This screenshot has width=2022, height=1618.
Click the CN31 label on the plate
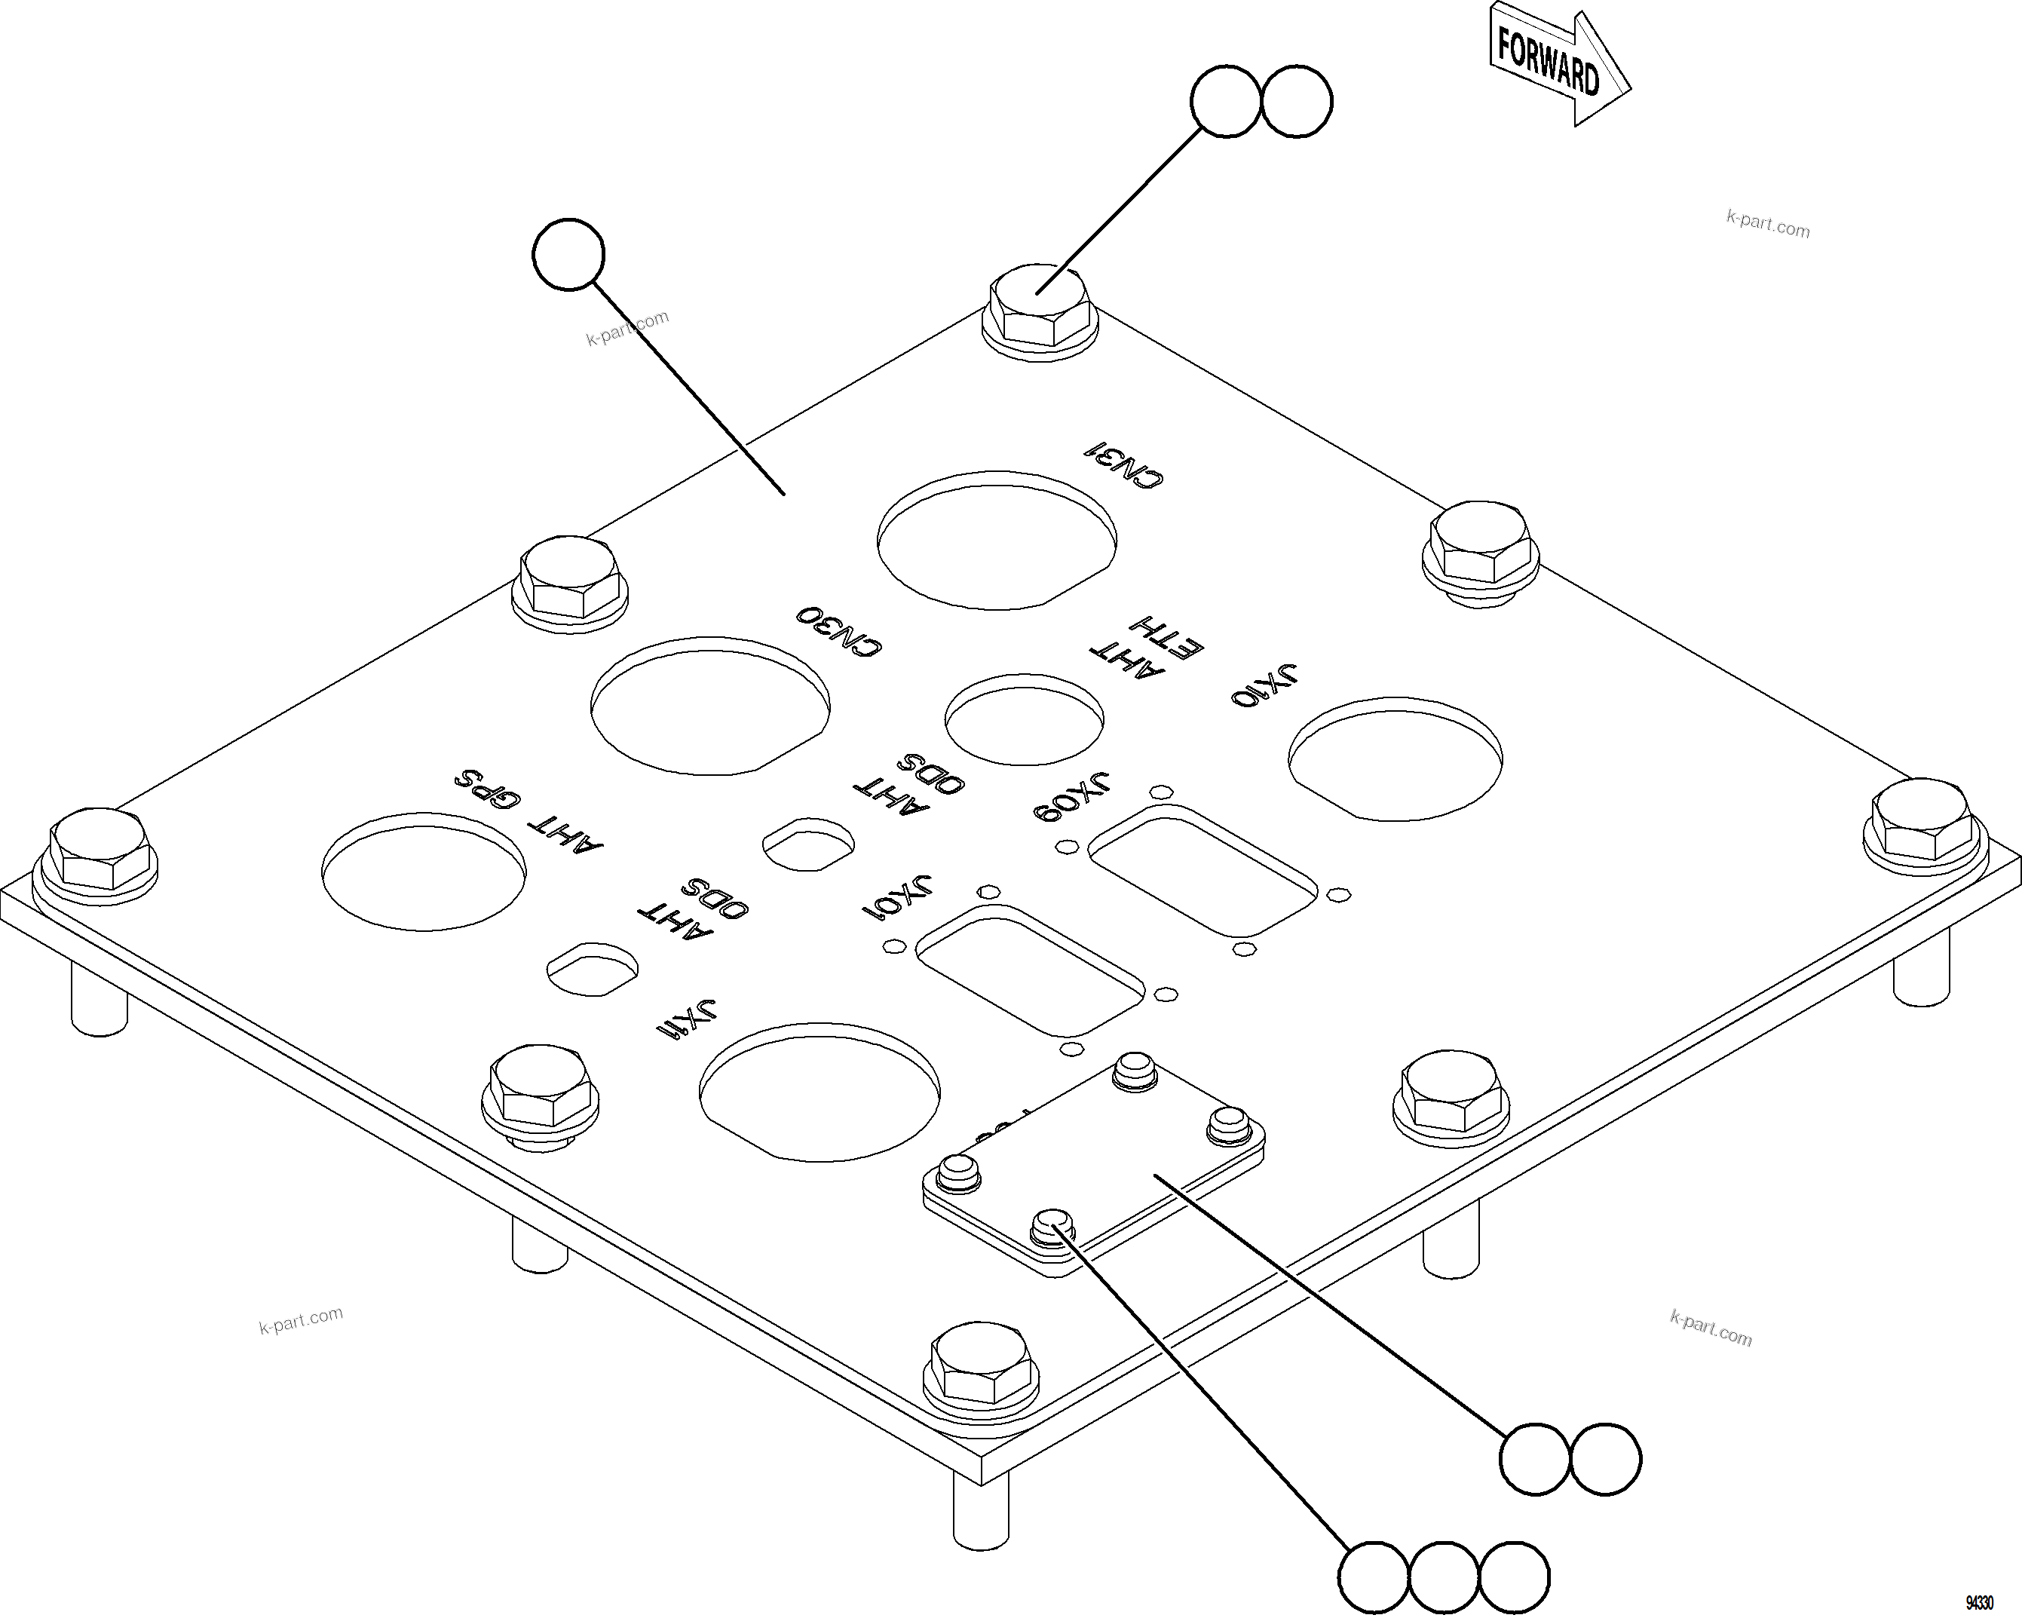click(1123, 464)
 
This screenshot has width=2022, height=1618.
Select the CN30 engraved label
click(839, 631)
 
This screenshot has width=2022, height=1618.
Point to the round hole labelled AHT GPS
click(423, 872)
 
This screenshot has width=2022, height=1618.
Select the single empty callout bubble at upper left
click(568, 254)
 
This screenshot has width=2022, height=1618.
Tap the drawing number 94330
click(1980, 1602)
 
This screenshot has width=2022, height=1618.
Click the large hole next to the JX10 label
click(1395, 758)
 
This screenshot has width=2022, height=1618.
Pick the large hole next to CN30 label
click(710, 706)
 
